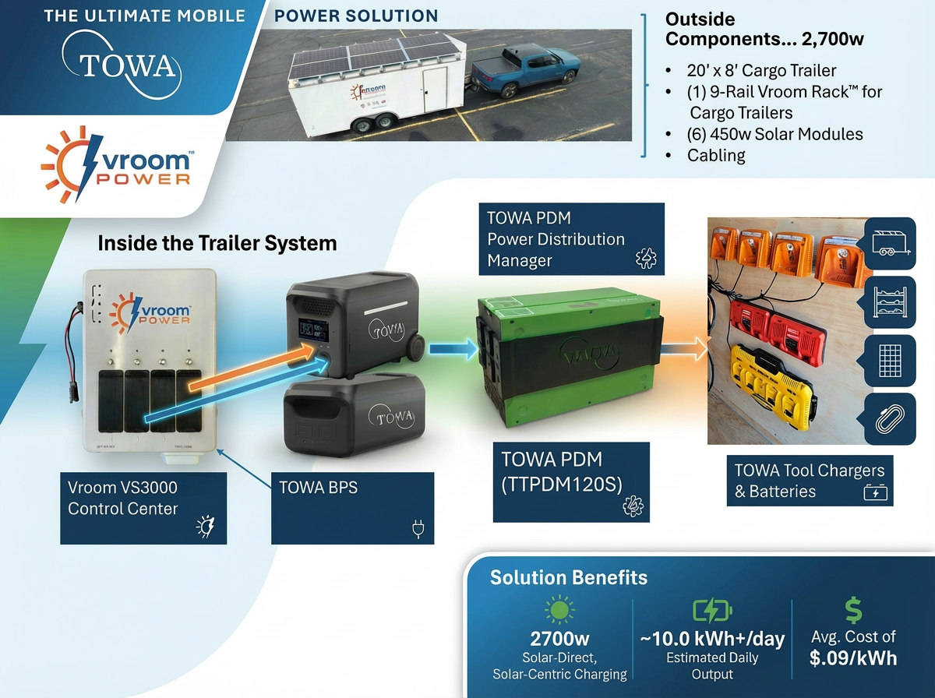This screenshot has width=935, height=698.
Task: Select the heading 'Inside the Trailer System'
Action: click(x=217, y=243)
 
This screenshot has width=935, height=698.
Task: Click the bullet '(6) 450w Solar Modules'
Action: click(x=774, y=134)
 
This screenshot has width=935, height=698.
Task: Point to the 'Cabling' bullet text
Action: click(x=716, y=155)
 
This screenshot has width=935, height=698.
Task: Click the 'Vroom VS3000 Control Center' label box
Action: click(x=143, y=508)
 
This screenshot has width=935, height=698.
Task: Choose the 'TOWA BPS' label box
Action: click(x=352, y=508)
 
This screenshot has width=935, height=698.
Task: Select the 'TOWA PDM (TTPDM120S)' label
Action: click(x=571, y=481)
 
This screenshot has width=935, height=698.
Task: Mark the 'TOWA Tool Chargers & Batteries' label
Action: click(x=810, y=481)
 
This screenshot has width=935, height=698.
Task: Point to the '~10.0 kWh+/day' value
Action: click(x=712, y=640)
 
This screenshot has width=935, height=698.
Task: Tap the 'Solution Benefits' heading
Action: click(x=568, y=577)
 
